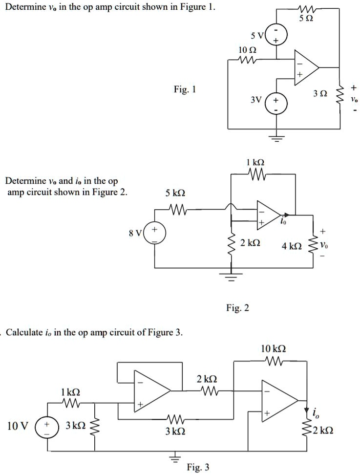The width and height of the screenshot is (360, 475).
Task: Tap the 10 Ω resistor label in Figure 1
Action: pos(246,50)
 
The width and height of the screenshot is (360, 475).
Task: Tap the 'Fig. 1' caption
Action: pos(185,89)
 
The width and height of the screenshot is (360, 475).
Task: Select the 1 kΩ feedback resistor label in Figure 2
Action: pos(255,163)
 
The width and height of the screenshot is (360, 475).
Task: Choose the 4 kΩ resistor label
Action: pos(291,246)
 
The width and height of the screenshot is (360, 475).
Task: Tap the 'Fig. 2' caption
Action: pos(238,308)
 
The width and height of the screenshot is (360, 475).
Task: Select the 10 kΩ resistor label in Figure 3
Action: pos(274,349)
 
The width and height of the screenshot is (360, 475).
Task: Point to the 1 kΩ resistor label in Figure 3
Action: pos(71,392)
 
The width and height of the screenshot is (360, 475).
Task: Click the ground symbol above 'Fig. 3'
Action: pos(171,458)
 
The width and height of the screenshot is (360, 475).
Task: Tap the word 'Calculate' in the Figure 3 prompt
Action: pos(24,333)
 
